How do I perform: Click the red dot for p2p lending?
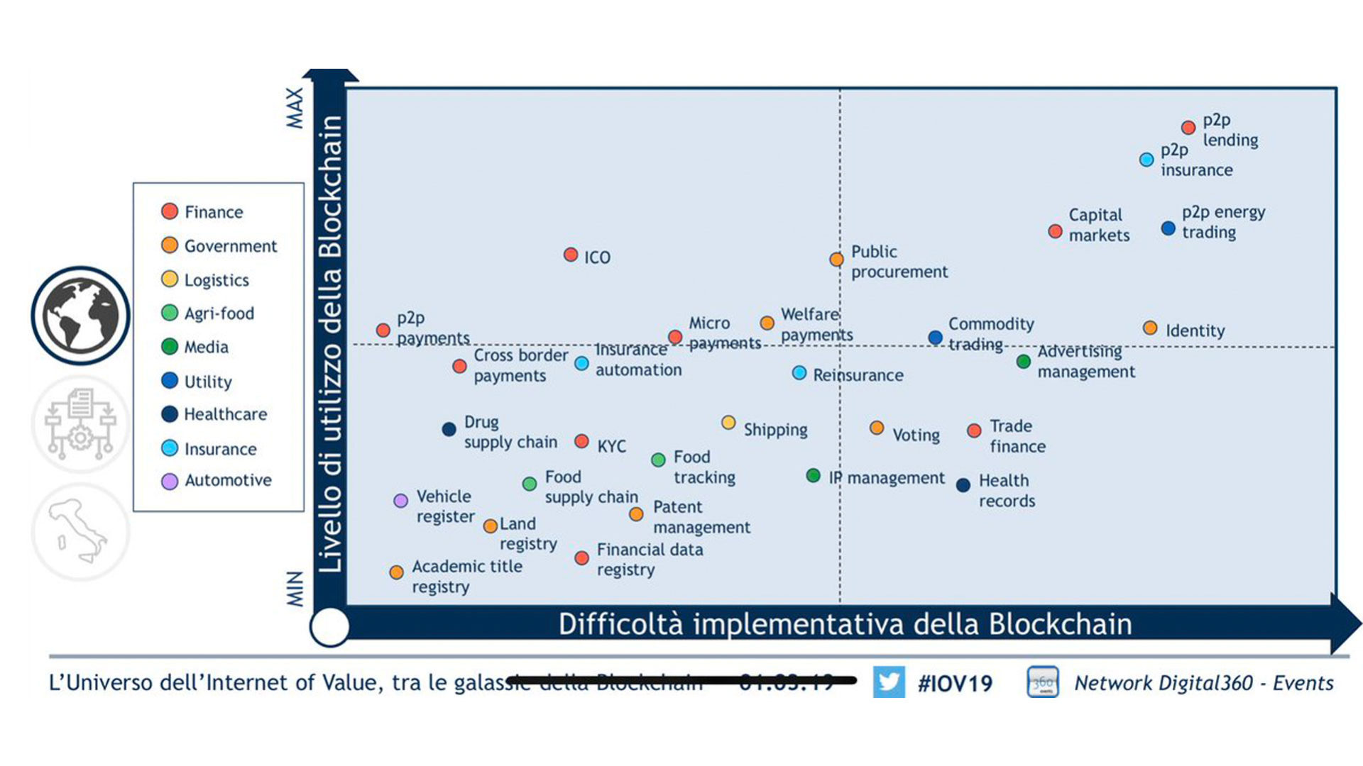[1188, 128]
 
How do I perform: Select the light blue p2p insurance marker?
[1146, 160]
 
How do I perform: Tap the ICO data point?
[571, 255]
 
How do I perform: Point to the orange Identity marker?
[1150, 328]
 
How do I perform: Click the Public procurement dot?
[837, 260]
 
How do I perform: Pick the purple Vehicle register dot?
[401, 501]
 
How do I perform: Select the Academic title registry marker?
[397, 572]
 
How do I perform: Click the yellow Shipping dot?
[728, 423]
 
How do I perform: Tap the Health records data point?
[963, 485]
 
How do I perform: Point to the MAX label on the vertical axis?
[295, 108]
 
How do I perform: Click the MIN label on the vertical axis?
[295, 589]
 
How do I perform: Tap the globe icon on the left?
[80, 316]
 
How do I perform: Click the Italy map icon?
[80, 532]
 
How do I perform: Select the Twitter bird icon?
[889, 682]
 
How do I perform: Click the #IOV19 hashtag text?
[955, 684]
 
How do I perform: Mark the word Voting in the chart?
[916, 435]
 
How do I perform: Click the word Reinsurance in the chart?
[858, 375]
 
